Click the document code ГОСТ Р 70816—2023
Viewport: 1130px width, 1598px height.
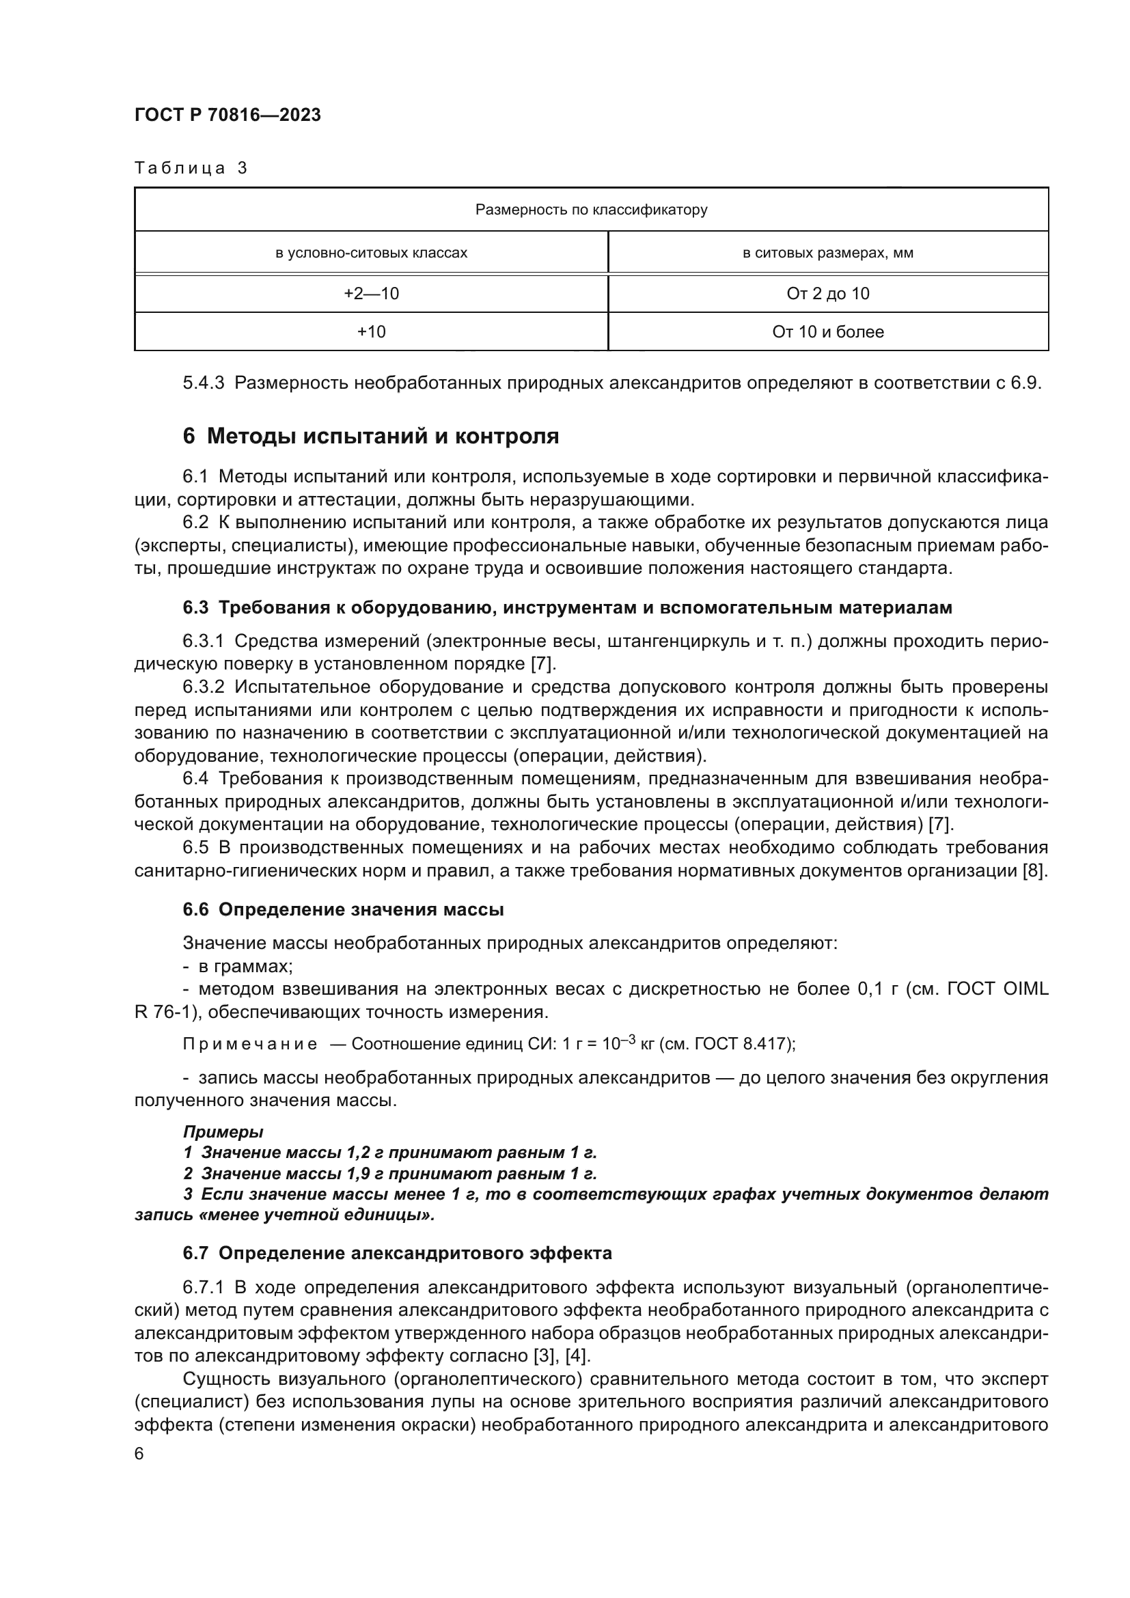[228, 115]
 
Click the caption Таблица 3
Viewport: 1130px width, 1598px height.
[191, 169]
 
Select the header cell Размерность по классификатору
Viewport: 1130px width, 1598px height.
[591, 210]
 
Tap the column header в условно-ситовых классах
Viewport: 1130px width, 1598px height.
[371, 253]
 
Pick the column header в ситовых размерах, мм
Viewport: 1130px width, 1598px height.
[827, 253]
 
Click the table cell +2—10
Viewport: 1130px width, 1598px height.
[371, 294]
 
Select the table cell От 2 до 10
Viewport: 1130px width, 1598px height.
[827, 294]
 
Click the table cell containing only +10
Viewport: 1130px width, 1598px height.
[371, 332]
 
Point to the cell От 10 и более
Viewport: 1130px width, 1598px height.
[827, 332]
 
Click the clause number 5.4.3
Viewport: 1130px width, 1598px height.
[203, 383]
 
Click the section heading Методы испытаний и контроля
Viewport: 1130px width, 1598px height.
[383, 437]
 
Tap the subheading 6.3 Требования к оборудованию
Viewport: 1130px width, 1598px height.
[567, 607]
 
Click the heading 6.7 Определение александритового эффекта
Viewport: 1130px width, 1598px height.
[398, 1254]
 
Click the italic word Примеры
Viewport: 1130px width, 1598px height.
[223, 1132]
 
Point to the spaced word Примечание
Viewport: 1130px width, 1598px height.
[250, 1044]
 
